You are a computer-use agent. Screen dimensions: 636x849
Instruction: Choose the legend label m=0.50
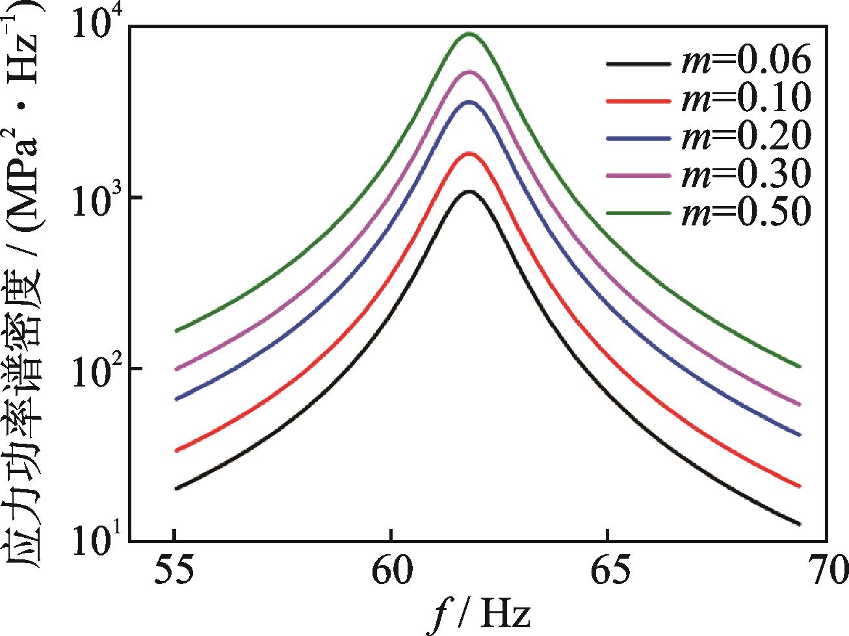(x=746, y=212)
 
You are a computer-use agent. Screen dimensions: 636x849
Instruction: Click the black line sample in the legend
(x=637, y=64)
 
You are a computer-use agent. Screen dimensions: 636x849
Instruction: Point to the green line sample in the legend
(x=637, y=213)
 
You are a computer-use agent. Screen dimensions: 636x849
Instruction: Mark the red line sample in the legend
(x=637, y=101)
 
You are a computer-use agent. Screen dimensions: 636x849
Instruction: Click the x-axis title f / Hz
(x=482, y=614)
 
